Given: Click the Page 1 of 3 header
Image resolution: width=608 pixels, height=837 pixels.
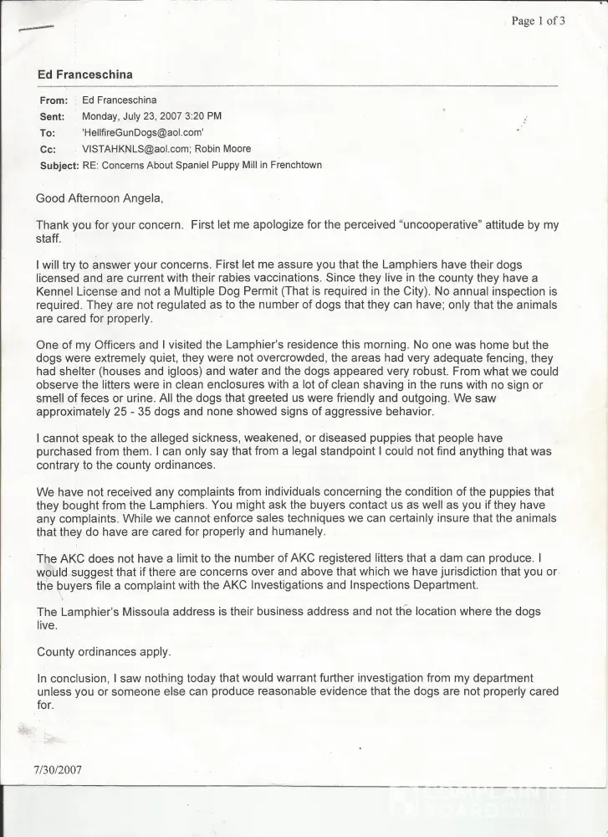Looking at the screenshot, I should (538, 21).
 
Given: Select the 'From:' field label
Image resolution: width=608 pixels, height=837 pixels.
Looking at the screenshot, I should (54, 100).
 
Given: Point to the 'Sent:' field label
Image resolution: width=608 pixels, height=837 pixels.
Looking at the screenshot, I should (53, 116).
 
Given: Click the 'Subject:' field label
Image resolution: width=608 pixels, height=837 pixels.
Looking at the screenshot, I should (59, 165).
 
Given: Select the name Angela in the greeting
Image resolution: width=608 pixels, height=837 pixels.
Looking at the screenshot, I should (141, 198).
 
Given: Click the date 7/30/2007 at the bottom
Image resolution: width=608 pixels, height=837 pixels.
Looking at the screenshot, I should (58, 770).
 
